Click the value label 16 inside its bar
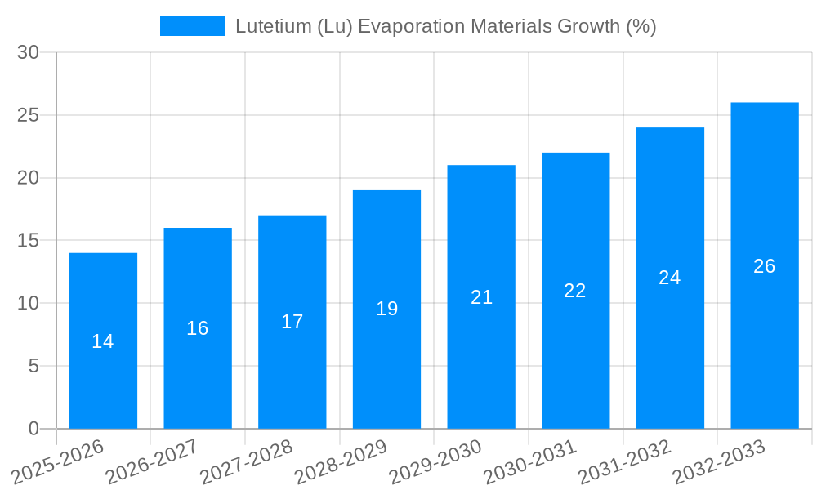pos(198,328)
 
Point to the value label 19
pos(387,309)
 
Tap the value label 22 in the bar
pos(575,291)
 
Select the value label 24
pos(670,278)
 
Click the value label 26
pos(765,266)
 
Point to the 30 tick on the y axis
pos(29,52)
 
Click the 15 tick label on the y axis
pos(29,241)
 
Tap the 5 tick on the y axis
pos(33,366)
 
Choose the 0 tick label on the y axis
pos(33,429)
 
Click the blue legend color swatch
pos(193,26)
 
